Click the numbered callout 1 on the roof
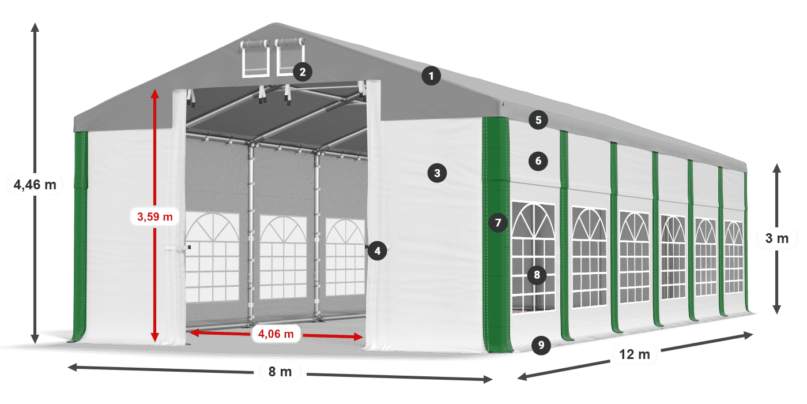[431, 76]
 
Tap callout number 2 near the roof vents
[302, 72]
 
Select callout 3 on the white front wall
[437, 172]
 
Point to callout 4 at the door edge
[377, 250]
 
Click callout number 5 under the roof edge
[538, 120]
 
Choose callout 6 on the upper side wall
[538, 161]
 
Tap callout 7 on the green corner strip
[498, 222]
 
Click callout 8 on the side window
[537, 275]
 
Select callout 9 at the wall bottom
[541, 345]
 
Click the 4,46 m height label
[35, 185]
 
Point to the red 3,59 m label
[155, 217]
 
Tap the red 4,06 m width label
[276, 333]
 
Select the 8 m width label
[281, 372]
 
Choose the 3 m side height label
[777, 238]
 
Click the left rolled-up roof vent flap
[255, 44]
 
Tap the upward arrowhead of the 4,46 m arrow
[35, 27]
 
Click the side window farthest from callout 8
[733, 257]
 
